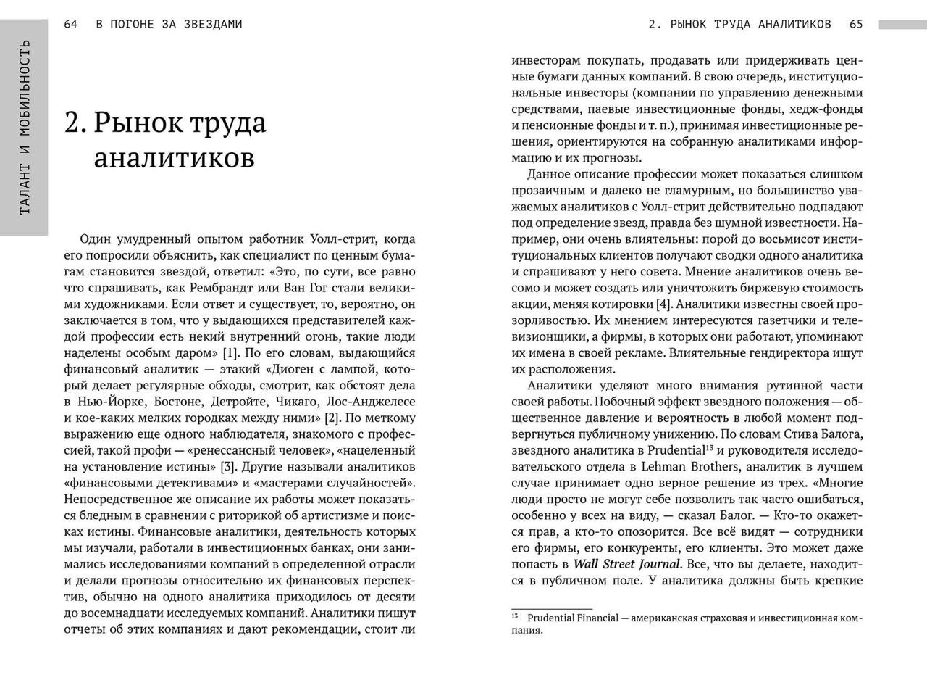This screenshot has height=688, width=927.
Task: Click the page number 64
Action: coord(70,24)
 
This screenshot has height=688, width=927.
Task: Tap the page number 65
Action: coord(856,24)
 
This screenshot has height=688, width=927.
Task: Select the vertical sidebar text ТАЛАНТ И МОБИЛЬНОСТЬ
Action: coord(25,127)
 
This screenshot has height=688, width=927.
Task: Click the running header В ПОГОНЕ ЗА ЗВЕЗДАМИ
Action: coord(169,24)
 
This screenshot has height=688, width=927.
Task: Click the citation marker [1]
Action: coord(230,353)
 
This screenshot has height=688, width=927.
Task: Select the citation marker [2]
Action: coord(332,418)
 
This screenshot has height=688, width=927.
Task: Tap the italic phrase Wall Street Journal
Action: coord(627,564)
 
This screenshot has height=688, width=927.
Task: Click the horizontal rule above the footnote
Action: coord(552,609)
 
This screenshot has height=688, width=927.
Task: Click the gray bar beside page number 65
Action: coord(902,25)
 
